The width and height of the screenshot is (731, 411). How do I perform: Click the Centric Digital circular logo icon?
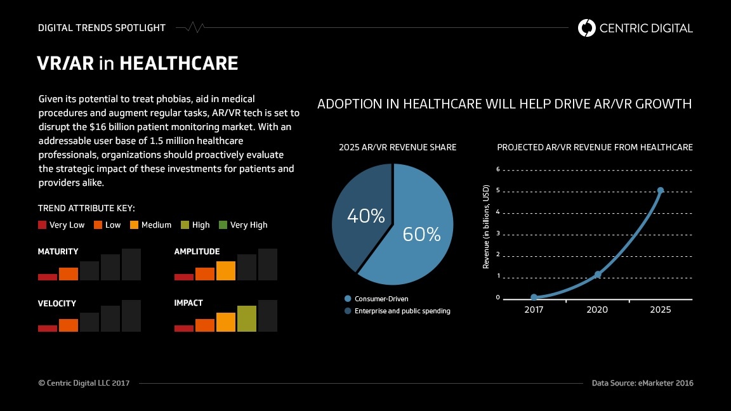(586, 28)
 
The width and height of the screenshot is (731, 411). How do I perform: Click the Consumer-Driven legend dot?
(347, 299)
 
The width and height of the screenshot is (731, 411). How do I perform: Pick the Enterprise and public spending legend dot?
(347, 311)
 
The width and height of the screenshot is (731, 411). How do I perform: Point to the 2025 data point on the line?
(660, 190)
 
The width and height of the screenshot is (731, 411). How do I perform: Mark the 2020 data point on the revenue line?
(598, 275)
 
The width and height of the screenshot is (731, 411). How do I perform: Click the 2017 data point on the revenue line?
(534, 297)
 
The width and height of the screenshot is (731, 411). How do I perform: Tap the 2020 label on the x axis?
(596, 310)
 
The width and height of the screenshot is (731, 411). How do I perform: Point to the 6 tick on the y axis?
(498, 169)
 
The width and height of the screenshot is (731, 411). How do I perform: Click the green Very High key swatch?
(223, 225)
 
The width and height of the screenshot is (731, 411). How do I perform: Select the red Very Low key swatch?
(42, 225)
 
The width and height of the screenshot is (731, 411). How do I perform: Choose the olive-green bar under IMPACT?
(247, 319)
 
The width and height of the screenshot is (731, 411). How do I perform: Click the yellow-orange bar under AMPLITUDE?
(226, 271)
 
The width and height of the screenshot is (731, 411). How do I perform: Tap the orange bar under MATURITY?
(69, 274)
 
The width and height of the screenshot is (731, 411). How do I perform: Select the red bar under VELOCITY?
(48, 329)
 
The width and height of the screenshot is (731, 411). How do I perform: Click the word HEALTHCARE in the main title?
(178, 63)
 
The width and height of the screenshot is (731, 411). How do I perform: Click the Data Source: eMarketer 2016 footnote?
(642, 383)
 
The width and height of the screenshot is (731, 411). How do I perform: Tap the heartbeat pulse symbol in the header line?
(195, 27)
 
